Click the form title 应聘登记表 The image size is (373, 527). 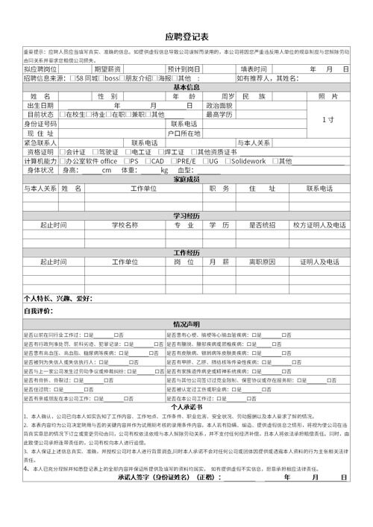point(186,37)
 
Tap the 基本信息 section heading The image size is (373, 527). point(186,87)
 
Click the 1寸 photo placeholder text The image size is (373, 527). point(327,119)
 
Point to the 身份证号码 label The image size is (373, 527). point(46,124)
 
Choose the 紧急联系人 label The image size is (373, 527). point(41,142)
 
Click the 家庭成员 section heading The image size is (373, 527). point(186,179)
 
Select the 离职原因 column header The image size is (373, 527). point(262,262)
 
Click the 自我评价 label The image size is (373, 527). point(40,310)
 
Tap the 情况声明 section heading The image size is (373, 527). point(186,324)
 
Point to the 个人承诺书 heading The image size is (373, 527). point(186,407)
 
